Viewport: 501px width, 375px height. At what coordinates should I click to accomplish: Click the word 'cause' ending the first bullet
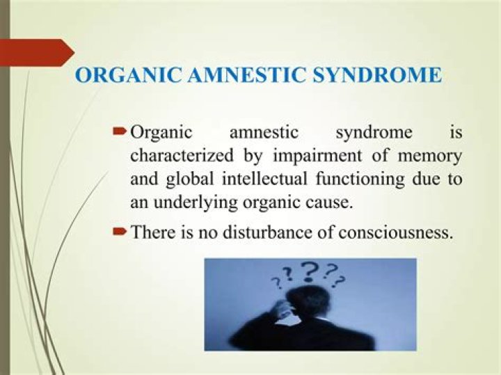[x=326, y=203]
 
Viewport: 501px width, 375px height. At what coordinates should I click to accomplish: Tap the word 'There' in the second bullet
[x=152, y=232]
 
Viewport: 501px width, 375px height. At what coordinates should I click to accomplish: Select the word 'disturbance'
[x=266, y=232]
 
